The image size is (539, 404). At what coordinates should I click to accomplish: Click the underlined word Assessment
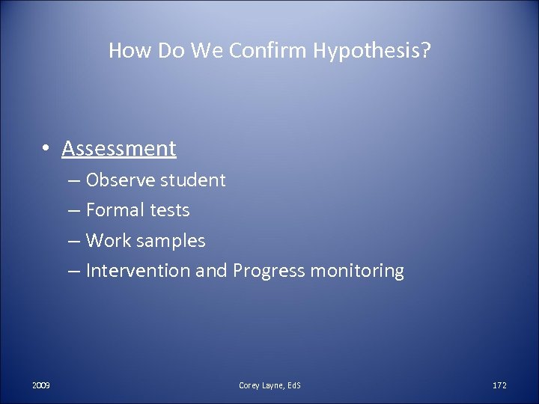[119, 149]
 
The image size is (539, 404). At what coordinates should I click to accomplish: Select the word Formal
[112, 210]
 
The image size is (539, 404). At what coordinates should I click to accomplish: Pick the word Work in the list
[106, 241]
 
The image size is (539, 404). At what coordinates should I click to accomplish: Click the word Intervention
[138, 271]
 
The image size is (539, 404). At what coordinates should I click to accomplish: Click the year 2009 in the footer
[41, 385]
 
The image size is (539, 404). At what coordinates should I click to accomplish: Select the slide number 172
[499, 385]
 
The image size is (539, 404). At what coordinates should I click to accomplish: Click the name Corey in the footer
[249, 385]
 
